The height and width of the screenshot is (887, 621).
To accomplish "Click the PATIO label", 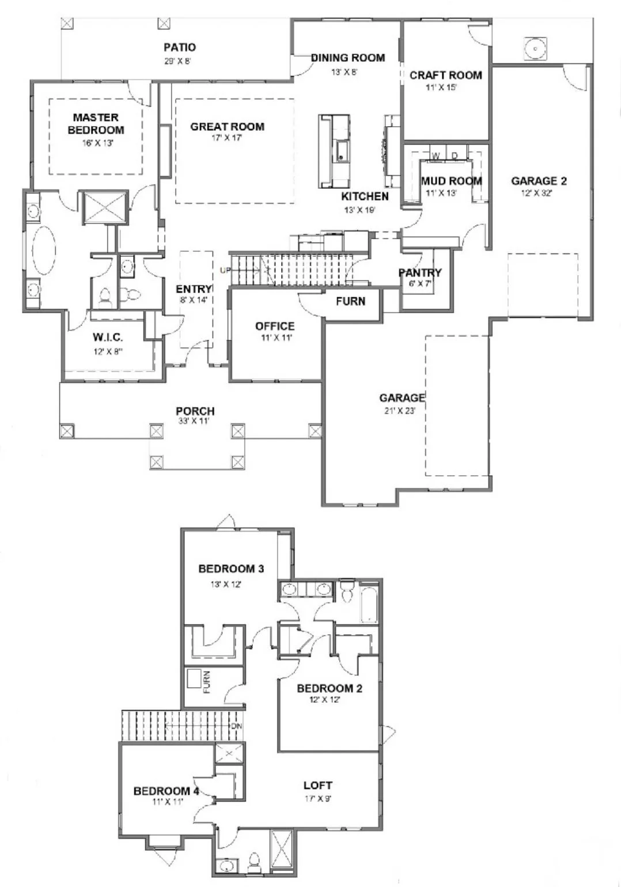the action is (x=179, y=47).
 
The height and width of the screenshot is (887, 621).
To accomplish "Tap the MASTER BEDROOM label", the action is (x=96, y=124).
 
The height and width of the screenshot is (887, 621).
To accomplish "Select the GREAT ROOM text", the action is (x=227, y=127).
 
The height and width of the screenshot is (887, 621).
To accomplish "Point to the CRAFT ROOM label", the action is (x=445, y=75).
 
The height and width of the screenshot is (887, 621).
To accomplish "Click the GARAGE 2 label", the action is (x=539, y=181).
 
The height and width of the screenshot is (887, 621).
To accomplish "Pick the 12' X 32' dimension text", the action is (x=536, y=194).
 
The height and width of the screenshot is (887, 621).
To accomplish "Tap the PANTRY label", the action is (x=420, y=272).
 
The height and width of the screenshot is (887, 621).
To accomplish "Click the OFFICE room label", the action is (x=275, y=326).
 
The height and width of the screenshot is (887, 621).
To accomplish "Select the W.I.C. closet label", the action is (x=108, y=338).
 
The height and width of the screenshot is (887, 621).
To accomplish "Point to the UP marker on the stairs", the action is (x=224, y=270).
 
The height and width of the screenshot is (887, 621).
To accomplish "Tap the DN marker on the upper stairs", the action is (x=236, y=726).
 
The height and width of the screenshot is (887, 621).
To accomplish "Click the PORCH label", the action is (x=195, y=411).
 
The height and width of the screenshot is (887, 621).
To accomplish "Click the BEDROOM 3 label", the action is (x=231, y=569).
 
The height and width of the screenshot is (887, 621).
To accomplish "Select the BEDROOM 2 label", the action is (x=329, y=688).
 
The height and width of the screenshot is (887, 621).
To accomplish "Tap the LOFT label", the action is (x=318, y=785).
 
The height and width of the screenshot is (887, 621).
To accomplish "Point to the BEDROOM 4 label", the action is (x=166, y=791).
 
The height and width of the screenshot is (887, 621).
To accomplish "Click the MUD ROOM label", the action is (x=451, y=181).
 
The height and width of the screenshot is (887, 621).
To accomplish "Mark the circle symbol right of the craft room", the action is (x=536, y=48).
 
